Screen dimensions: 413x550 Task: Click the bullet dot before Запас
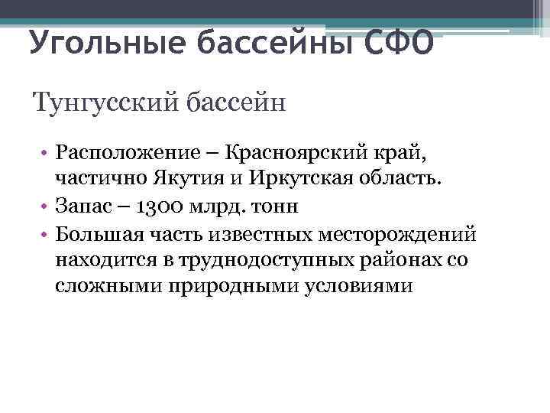tap(45, 206)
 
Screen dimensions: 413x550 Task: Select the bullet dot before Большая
tap(45, 233)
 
